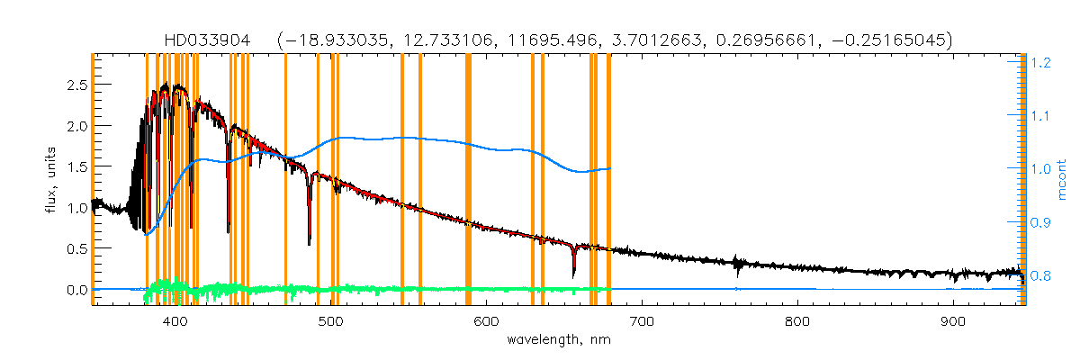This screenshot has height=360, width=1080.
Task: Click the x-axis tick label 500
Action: coord(331,321)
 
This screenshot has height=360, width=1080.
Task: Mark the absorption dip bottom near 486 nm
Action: coord(310,243)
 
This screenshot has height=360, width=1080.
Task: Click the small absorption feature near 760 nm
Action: coord(737,265)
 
